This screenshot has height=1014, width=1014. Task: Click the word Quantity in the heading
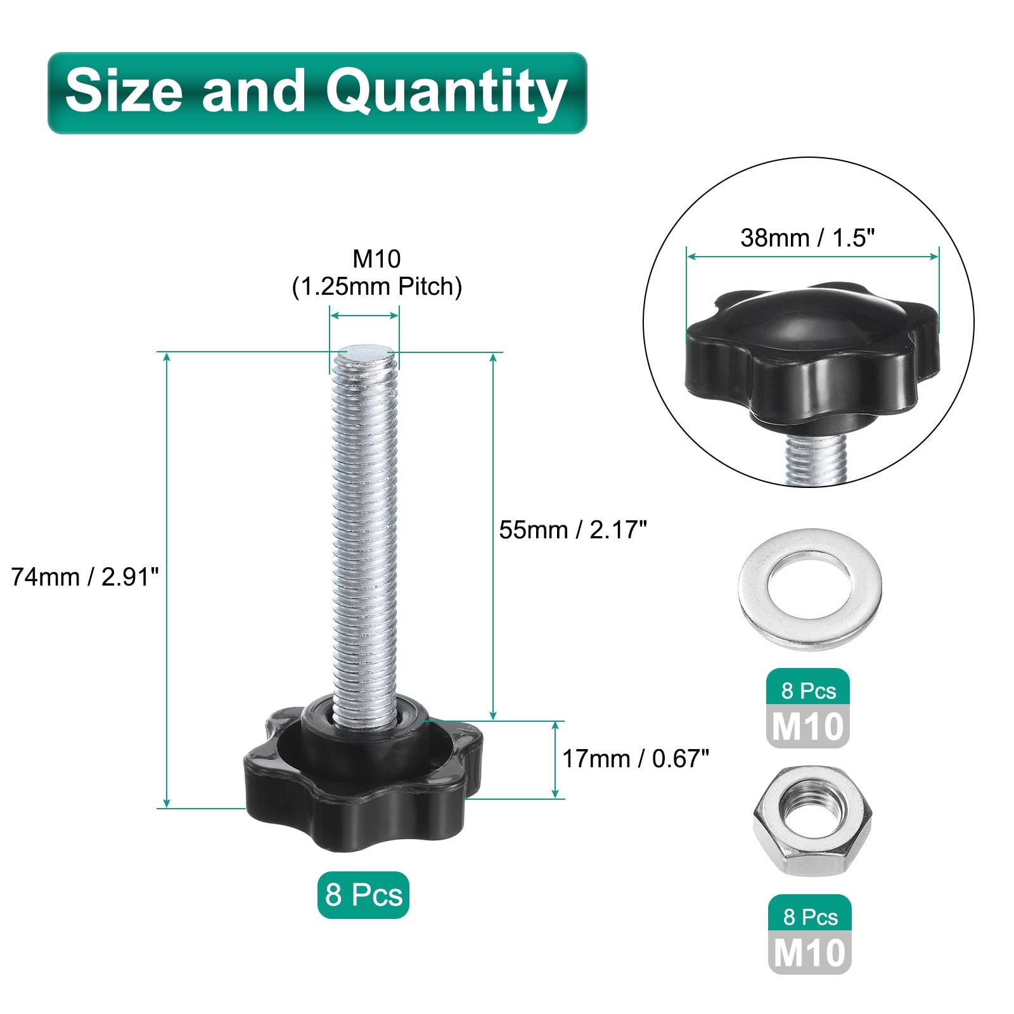(x=446, y=94)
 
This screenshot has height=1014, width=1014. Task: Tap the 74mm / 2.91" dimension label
(x=85, y=577)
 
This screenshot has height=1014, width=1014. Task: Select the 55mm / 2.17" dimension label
(x=573, y=530)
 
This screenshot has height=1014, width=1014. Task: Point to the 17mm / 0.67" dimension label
(x=636, y=758)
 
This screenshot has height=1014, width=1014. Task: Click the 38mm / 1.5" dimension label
(x=807, y=238)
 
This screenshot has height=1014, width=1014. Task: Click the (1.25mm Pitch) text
(x=377, y=286)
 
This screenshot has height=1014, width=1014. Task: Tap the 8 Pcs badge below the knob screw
(x=363, y=895)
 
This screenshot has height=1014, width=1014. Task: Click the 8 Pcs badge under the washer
(x=808, y=691)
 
